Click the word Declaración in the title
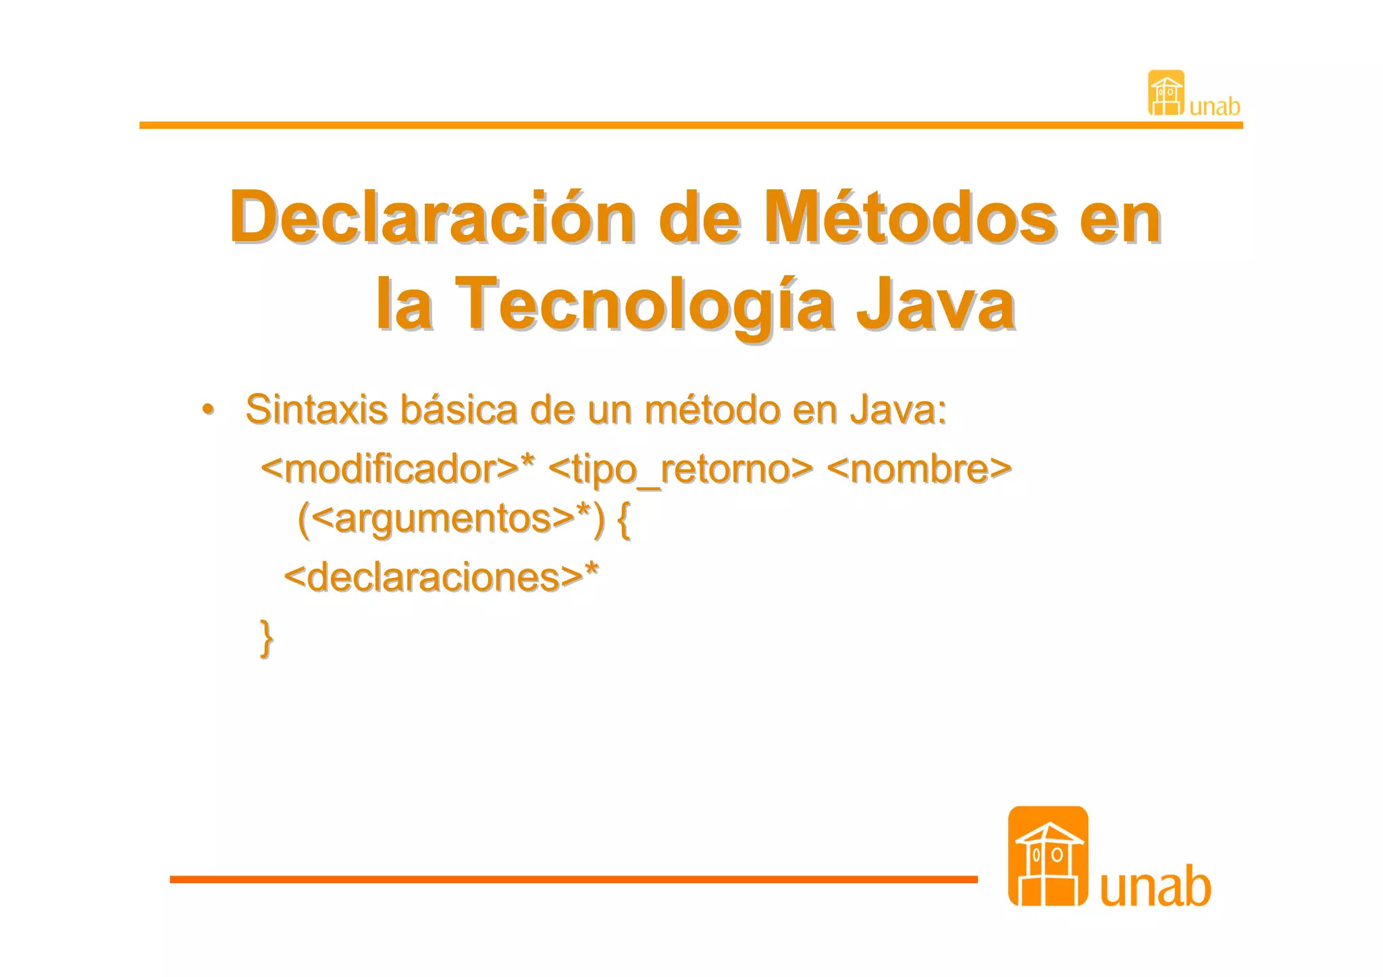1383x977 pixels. point(432,218)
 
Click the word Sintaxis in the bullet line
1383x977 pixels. point(316,410)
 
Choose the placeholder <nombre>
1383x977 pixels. point(918,469)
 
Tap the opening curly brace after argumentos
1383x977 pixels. point(623,519)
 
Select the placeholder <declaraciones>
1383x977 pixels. point(433,577)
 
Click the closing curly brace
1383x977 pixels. point(267,637)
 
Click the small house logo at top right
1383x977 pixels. point(1166,93)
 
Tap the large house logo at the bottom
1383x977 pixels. point(1047,855)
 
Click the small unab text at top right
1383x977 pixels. point(1215,107)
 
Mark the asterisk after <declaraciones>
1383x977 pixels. point(592,569)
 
